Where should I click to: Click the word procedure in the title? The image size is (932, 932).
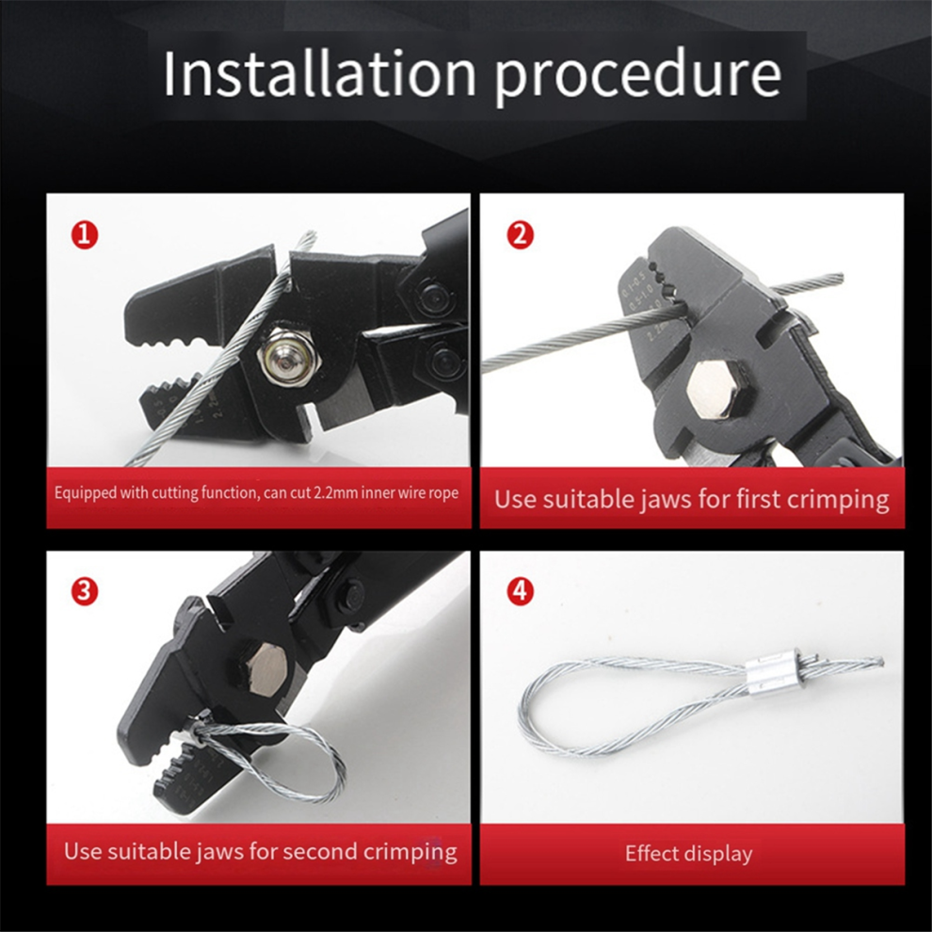[637, 78]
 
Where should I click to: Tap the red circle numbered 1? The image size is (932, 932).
[85, 235]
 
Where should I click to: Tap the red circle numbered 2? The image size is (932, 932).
[520, 235]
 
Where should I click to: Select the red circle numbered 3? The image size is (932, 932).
[85, 591]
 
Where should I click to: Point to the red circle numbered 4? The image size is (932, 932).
[520, 591]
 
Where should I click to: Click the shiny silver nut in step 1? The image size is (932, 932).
[289, 357]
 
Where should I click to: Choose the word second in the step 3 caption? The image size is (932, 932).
[320, 852]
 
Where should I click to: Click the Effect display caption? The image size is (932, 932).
[689, 854]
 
